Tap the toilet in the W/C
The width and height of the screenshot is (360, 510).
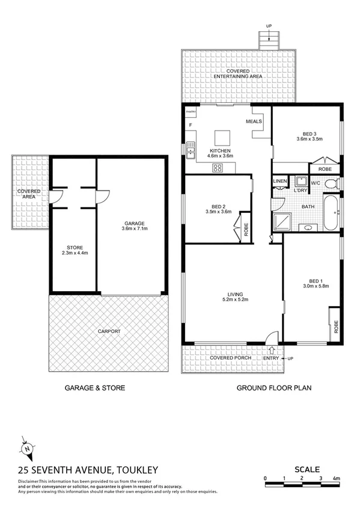click(337, 182)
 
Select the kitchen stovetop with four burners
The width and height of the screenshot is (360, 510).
click(217, 168)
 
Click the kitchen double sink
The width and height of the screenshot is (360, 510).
click(191, 150)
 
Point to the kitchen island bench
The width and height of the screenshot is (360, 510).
click(224, 136)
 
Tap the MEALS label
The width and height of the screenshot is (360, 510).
click(254, 121)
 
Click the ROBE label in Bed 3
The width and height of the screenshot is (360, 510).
click(325, 170)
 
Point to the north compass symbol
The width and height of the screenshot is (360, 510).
click(26, 449)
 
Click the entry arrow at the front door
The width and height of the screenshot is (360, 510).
click(271, 350)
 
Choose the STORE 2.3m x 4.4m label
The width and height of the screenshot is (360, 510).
click(72, 250)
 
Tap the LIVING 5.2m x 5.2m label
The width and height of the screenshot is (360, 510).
click(231, 296)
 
